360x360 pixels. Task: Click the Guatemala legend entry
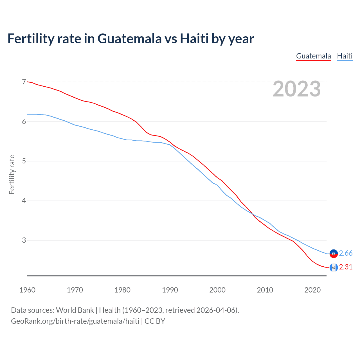[x=314, y=56]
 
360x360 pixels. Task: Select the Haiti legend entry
[x=345, y=56]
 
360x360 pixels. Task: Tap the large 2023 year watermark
[x=297, y=89]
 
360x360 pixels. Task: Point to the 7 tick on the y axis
[x=24, y=82]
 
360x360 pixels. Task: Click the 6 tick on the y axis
[x=24, y=121]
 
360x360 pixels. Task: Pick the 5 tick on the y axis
[x=24, y=161]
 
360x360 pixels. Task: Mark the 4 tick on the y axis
[x=24, y=201]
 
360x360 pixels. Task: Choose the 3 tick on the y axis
[x=24, y=240]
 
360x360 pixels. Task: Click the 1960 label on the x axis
[x=27, y=290]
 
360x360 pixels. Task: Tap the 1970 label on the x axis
[x=75, y=290]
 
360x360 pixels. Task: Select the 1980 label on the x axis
[x=122, y=290]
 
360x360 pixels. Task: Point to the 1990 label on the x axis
[x=170, y=290]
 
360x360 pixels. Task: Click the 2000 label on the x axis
[x=217, y=290]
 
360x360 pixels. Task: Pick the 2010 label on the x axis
[x=265, y=290]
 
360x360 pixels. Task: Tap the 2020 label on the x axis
[x=312, y=290]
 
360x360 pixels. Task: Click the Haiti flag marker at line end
[x=334, y=254]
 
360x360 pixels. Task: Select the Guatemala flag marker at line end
[x=334, y=267]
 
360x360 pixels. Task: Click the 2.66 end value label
[x=346, y=253]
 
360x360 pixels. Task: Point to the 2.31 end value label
[x=346, y=267]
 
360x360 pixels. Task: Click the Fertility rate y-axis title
[x=12, y=175]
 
